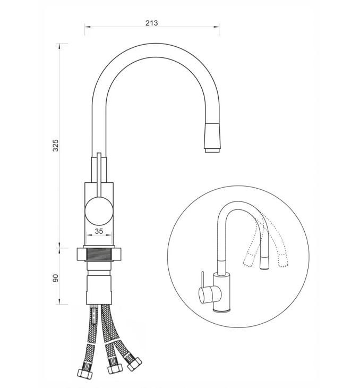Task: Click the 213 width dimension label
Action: pos(151,23)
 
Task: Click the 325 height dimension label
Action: pos(56,146)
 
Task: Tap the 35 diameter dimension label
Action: pos(99,231)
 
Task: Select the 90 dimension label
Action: pos(56,278)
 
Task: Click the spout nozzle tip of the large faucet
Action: pos(212,150)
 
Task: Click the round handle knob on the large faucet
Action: pos(99,211)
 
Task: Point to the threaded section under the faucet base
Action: pos(99,254)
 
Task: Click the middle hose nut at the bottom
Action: pos(115,369)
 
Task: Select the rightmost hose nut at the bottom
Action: pos(134,364)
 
